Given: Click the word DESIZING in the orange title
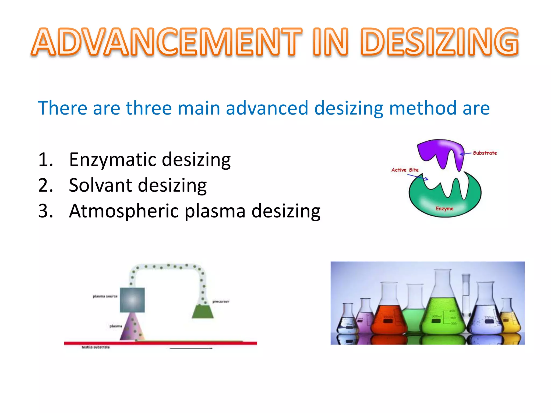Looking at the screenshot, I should tap(439, 42).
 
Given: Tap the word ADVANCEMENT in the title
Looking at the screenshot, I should tap(167, 42).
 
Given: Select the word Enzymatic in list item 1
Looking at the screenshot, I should tap(112, 160).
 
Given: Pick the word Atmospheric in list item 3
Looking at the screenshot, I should tap(123, 211).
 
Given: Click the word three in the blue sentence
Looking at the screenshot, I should tap(149, 108).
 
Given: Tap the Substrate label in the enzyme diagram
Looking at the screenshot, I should tap(485, 153).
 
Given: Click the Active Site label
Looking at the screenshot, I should tap(405, 170).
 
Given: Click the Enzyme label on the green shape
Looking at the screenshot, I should tap(444, 209).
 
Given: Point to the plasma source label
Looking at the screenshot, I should tap(105, 296).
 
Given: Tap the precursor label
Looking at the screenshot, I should tap(221, 301).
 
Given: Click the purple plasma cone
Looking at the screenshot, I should tap(132, 328).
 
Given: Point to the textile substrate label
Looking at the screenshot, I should tap(96, 347).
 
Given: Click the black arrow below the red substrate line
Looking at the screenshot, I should tap(191, 348).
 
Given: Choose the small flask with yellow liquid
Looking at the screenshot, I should tap(510, 323).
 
